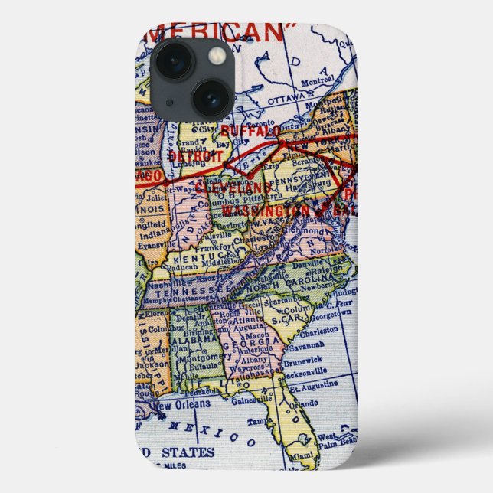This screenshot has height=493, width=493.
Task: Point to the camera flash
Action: (x=217, y=55)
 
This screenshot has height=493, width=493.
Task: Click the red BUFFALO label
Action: (x=246, y=131)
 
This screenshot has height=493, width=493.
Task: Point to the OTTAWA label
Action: (x=286, y=100)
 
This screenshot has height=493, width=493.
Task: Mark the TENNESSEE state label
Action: (x=191, y=292)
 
